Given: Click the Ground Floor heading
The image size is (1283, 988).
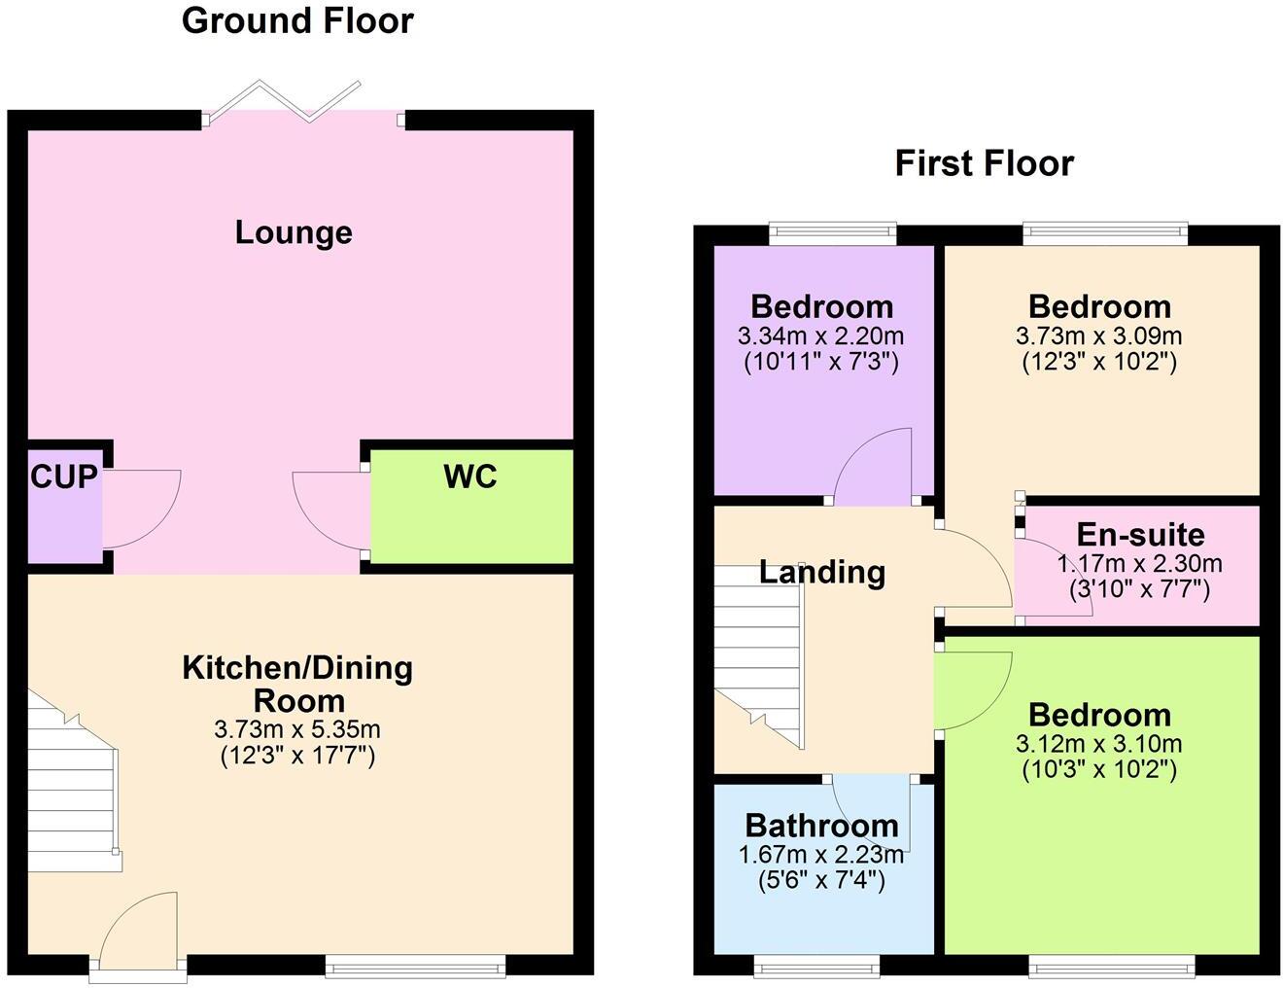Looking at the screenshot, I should pos(297,20).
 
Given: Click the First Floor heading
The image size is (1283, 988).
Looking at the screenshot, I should pos(984,163).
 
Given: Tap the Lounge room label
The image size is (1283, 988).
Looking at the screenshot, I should pos(294,232).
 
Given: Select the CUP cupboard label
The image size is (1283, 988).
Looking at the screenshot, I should pos(64,476).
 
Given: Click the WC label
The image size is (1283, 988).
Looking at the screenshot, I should pos(470,476).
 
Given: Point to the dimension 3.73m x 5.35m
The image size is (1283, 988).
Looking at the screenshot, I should pos(297,729).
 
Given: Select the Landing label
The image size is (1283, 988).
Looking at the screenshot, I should pos(822,572).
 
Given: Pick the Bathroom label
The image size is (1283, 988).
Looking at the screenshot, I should pos(822,826).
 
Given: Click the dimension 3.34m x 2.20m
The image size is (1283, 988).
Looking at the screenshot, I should pos(821,336).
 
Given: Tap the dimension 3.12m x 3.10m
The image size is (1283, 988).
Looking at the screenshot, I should pos(1099,745).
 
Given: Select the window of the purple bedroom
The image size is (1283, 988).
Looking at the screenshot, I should pos(832,232).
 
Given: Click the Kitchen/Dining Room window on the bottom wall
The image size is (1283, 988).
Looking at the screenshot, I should pos(415,965).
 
